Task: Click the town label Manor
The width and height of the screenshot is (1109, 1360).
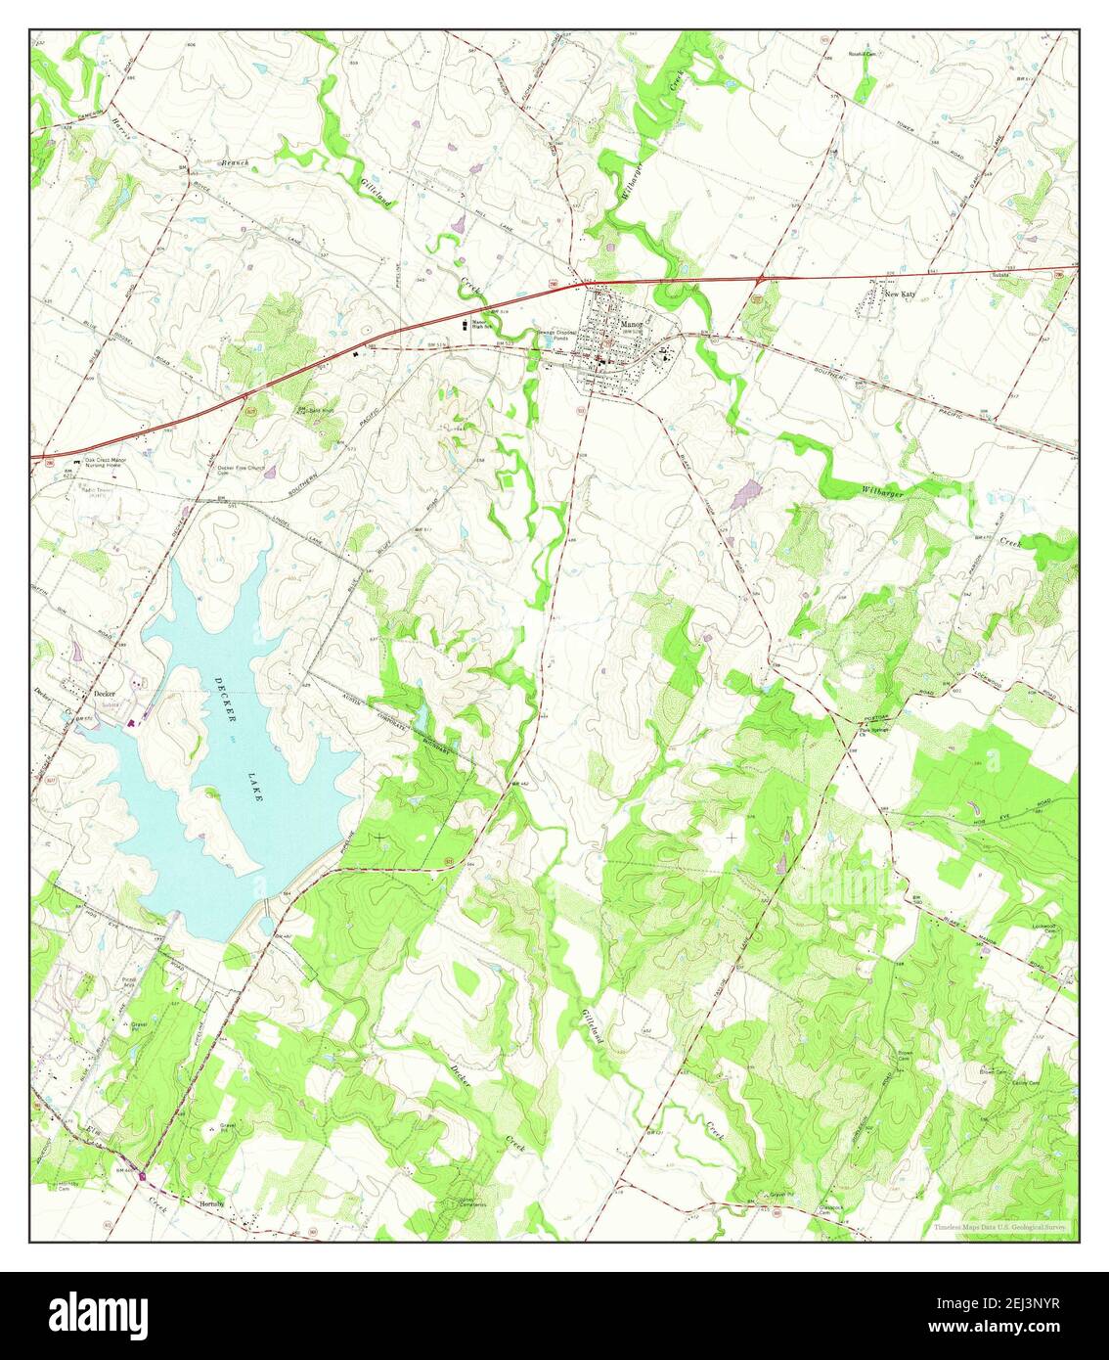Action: click(x=631, y=323)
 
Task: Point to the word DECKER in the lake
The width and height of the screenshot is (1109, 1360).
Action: click(x=225, y=701)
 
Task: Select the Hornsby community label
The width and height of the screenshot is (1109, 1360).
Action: click(x=212, y=1204)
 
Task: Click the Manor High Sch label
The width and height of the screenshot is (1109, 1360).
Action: click(x=483, y=325)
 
